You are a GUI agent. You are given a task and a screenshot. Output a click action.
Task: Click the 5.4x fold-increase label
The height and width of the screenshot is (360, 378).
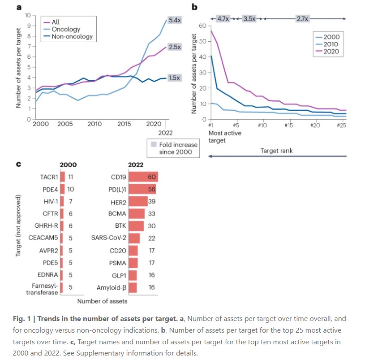(x=174, y=20)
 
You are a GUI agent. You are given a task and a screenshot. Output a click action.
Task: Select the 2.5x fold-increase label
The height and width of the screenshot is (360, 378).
(x=174, y=47)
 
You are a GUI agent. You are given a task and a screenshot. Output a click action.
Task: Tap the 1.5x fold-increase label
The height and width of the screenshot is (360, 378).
(x=174, y=78)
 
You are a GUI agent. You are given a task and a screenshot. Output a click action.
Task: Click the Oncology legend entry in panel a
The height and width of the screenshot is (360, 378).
(x=66, y=29)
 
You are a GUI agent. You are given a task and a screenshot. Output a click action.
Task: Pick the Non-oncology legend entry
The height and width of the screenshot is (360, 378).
(x=72, y=36)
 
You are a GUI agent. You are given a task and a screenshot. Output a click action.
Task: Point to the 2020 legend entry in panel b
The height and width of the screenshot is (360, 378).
(x=331, y=52)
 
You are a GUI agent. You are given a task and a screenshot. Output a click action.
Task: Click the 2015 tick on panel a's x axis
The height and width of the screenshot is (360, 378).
(x=124, y=124)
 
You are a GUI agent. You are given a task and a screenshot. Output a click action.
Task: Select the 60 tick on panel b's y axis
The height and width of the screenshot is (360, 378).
(x=202, y=26)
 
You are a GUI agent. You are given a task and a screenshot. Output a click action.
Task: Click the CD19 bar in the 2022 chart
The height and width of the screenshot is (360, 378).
(x=143, y=177)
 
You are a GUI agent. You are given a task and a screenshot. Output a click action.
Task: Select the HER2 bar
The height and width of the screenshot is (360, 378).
(x=138, y=201)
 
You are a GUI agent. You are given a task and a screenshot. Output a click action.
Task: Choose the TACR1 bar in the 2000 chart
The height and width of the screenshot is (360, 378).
(x=62, y=177)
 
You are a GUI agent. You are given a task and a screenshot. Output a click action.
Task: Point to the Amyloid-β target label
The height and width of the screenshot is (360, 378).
(x=112, y=287)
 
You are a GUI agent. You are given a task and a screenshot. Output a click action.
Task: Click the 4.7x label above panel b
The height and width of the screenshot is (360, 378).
(x=223, y=19)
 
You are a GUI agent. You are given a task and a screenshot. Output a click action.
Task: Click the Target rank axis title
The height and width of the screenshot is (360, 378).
(x=277, y=151)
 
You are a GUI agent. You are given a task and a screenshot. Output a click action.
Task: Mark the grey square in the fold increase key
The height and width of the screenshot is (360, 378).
(x=154, y=144)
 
